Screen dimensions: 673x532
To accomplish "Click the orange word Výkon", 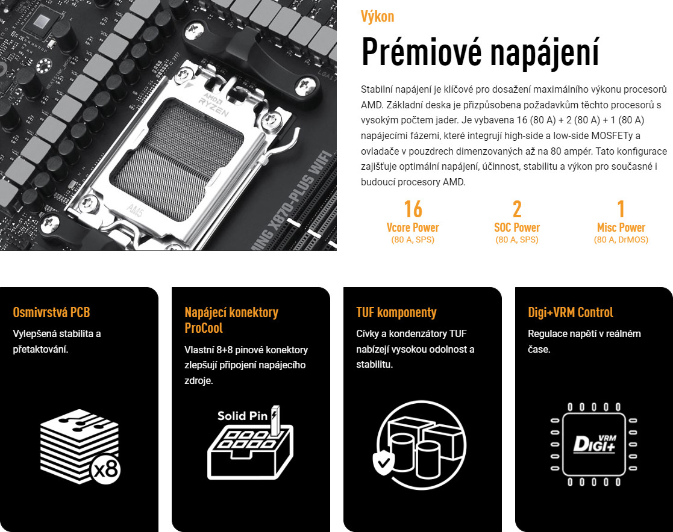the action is (377, 16).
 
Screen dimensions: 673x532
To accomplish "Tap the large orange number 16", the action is (413, 209).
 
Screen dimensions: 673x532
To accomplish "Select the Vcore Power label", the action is (413, 227).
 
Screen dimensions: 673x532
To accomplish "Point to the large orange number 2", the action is (517, 209).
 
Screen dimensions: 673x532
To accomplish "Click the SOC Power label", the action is (517, 227).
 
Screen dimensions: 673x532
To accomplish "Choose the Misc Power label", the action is (621, 227).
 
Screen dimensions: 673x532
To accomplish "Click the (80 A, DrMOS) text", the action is (621, 240).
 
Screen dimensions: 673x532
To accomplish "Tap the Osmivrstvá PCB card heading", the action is (51, 312).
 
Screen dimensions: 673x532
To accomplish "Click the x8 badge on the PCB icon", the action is (105, 469).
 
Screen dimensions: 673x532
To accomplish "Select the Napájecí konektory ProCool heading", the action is (231, 320).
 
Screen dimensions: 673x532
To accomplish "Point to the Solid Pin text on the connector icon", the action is (242, 416).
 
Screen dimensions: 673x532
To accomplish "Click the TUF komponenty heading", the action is (396, 312).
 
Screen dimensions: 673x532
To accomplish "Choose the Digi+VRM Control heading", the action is (571, 312).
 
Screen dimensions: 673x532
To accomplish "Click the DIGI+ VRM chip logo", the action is (595, 444).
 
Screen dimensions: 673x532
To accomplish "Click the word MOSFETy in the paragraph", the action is (612, 136).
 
